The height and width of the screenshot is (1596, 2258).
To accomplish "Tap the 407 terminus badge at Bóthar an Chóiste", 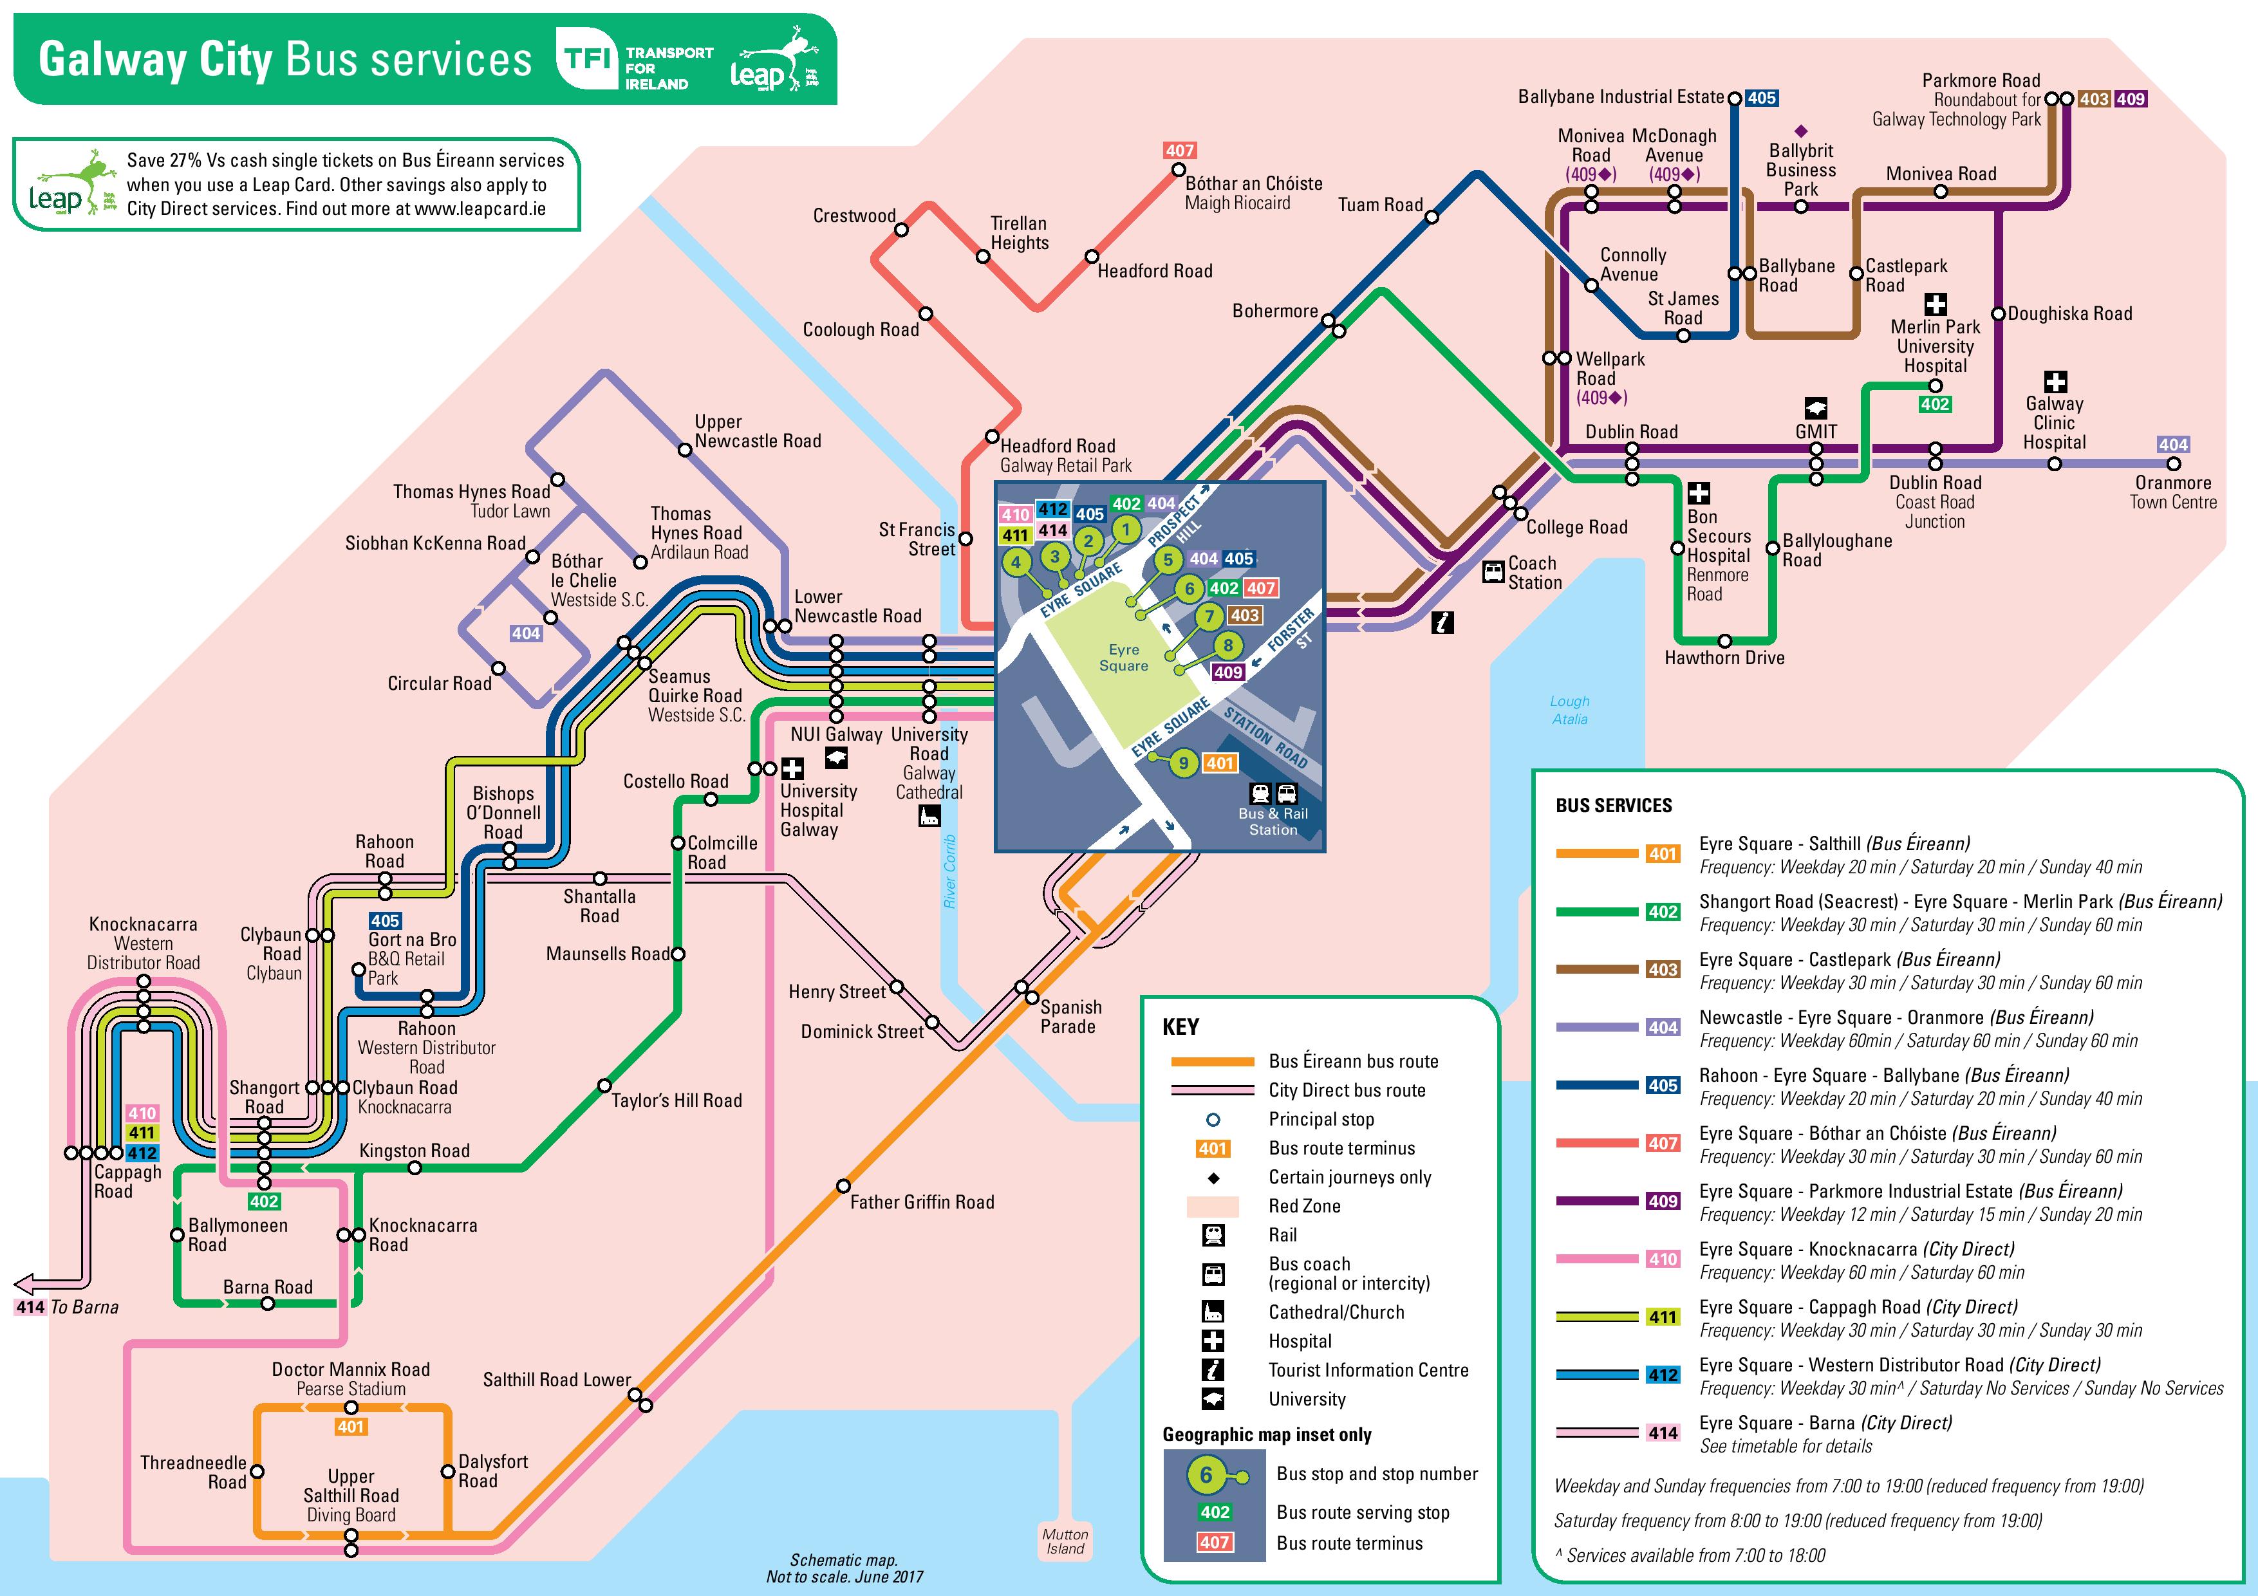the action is point(1179,151).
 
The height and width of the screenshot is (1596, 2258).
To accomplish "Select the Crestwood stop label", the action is point(854,216).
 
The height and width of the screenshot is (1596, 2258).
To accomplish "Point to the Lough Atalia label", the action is point(1569,710).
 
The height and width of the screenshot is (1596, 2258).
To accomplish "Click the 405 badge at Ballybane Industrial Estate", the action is point(1761,97).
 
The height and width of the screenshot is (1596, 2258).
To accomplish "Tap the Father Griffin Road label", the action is point(922,1202).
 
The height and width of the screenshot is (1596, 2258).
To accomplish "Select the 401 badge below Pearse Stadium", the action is point(351,1427).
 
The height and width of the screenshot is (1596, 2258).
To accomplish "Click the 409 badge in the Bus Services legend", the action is point(1663,1201).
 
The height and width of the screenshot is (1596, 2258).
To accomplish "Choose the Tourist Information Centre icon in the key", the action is point(1213,1370).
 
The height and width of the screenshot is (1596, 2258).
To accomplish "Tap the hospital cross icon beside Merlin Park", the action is point(1936,304).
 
